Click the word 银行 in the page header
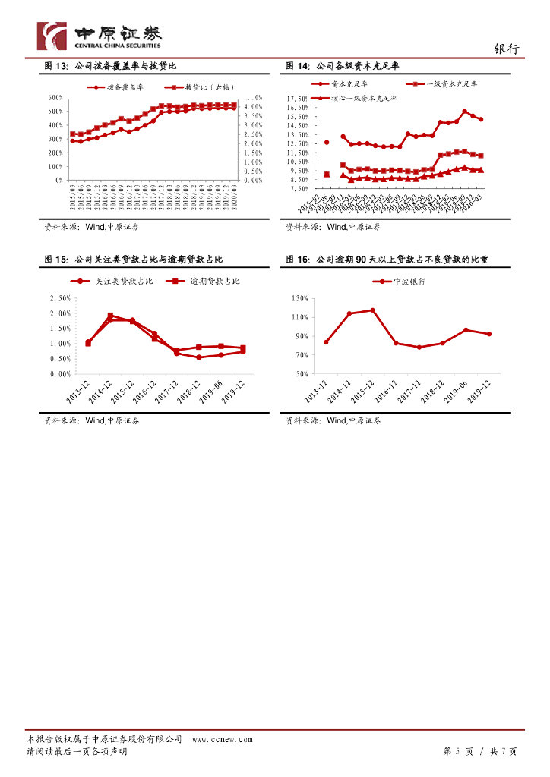click(507, 49)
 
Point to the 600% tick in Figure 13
click(55, 98)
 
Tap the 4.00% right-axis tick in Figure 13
click(253, 107)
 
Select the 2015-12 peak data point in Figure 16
click(372, 310)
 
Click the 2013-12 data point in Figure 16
click(326, 342)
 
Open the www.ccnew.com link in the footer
click(222, 739)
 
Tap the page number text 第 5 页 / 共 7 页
click(479, 751)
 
